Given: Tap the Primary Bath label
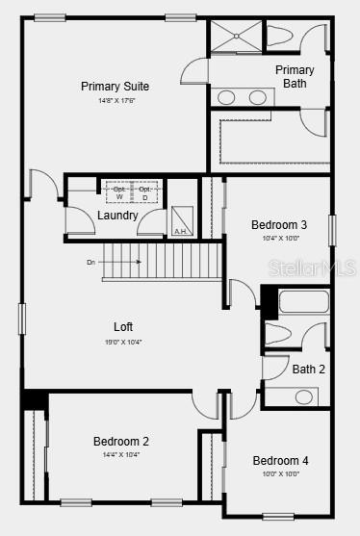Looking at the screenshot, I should tap(295, 76).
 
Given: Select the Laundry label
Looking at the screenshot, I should tap(117, 215).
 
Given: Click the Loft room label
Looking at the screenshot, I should tap(122, 326).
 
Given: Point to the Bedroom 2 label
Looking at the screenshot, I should tap(120, 441).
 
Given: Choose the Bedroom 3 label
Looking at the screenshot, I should tap(279, 224).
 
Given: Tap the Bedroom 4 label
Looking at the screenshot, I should tap(280, 460).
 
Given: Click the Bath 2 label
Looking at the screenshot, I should tap(309, 369).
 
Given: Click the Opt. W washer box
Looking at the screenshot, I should tap(118, 191).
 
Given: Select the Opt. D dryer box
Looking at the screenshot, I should tap(144, 191).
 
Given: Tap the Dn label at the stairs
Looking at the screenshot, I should tap(90, 261).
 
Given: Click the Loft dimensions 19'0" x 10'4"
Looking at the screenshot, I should tap(122, 342).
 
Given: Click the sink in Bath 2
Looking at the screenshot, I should tap(304, 396).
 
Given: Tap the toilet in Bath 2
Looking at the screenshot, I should tap(278, 333).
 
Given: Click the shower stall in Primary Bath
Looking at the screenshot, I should tap(235, 36).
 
